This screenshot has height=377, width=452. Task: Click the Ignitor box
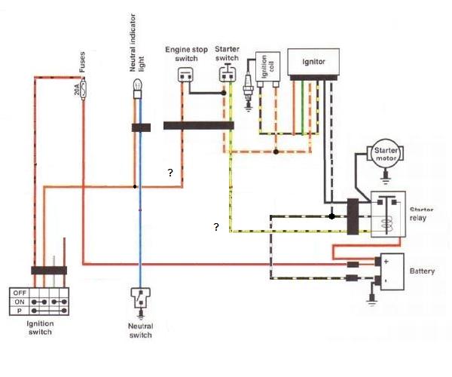click(x=313, y=62)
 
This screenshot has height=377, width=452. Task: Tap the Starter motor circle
click(x=385, y=154)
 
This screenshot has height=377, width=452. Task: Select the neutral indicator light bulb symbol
click(x=138, y=89)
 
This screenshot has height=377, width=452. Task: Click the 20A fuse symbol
click(x=84, y=89)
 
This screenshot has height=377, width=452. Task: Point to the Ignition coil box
click(x=267, y=67)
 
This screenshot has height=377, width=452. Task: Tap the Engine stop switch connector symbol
click(x=185, y=75)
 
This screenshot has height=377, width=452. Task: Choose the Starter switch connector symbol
click(x=228, y=74)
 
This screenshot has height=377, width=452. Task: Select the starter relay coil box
click(x=388, y=214)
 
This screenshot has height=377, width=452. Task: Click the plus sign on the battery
click(x=386, y=262)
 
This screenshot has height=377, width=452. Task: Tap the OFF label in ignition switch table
click(x=20, y=293)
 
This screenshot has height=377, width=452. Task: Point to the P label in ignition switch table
click(x=20, y=311)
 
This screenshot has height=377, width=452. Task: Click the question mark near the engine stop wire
click(x=170, y=173)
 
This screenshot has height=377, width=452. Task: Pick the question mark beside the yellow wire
click(x=216, y=227)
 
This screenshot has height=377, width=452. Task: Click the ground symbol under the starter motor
click(x=386, y=177)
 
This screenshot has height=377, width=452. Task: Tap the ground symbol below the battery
click(x=372, y=299)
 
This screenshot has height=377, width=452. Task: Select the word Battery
click(x=422, y=271)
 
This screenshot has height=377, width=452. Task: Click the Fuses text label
click(x=82, y=62)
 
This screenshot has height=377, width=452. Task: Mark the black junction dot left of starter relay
click(x=331, y=216)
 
